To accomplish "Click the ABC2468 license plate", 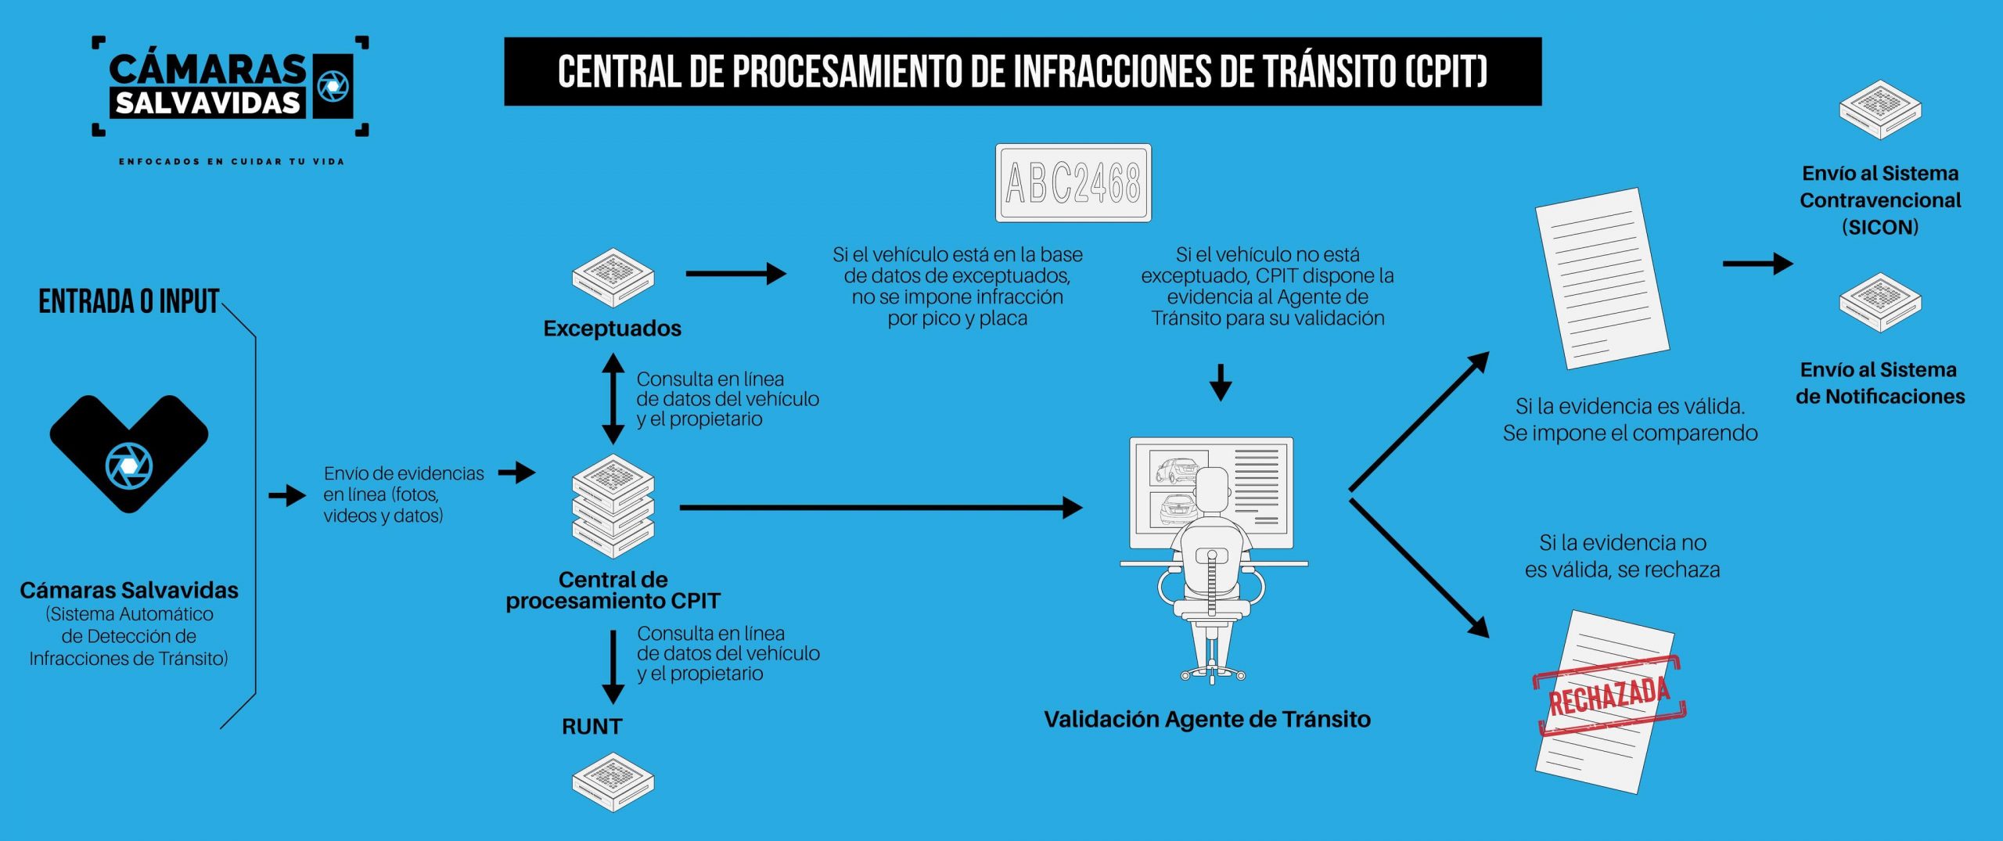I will [1073, 183].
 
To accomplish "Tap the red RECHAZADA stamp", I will [1609, 695].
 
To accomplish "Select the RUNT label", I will [592, 727].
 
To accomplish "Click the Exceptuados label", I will [612, 329].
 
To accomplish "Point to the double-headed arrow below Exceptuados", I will [613, 399].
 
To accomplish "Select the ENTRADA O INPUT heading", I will [128, 302].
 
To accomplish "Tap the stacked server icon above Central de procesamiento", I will [613, 505].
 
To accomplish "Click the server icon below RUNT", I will [613, 782].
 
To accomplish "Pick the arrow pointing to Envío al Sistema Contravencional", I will [1757, 264].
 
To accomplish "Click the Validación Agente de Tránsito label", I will [1206, 720].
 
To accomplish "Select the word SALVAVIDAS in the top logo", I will [208, 103].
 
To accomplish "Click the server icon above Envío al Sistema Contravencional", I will [1879, 110].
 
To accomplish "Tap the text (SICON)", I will [1879, 228].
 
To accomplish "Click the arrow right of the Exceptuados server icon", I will [735, 274].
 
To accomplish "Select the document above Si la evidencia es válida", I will [1602, 278].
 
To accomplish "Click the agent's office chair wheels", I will [1212, 673].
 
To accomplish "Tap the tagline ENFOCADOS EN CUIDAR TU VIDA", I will [231, 162].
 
